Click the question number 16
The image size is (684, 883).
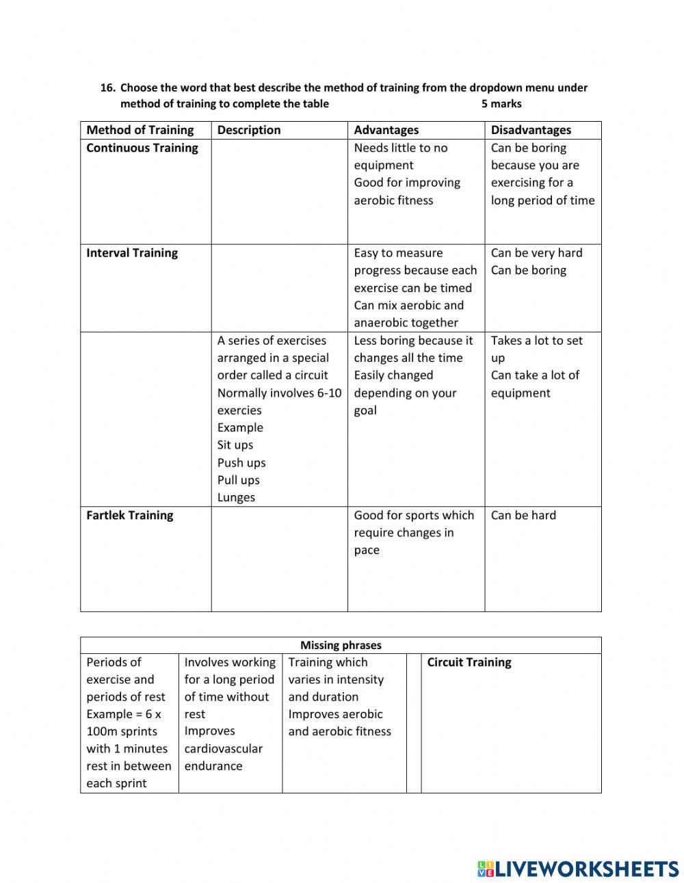pyautogui.click(x=107, y=88)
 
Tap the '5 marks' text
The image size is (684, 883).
pyautogui.click(x=501, y=104)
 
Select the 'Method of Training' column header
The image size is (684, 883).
pyautogui.click(x=140, y=130)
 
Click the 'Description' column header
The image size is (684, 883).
pyautogui.click(x=249, y=130)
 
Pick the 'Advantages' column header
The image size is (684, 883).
pyautogui.click(x=386, y=130)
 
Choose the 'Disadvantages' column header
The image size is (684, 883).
pyautogui.click(x=531, y=130)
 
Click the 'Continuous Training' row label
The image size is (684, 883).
pyautogui.click(x=142, y=148)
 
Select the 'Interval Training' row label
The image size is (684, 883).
pyautogui.click(x=132, y=253)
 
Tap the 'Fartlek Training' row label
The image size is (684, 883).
pyautogui.click(x=130, y=516)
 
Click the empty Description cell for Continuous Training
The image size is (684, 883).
pyautogui.click(x=279, y=192)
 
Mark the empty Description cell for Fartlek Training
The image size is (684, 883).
pyautogui.click(x=279, y=559)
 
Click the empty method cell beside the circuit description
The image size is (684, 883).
pyautogui.click(x=146, y=419)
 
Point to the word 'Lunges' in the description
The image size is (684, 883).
pyautogui.click(x=236, y=498)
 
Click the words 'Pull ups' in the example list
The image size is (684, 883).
pyautogui.click(x=239, y=480)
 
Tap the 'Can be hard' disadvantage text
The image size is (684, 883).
pyautogui.click(x=523, y=516)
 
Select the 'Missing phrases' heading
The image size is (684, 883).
pyautogui.click(x=341, y=645)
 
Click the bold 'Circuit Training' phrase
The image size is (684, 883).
pyautogui.click(x=469, y=662)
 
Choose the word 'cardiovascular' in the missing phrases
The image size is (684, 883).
pyautogui.click(x=223, y=749)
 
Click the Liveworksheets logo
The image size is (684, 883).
pyautogui.click(x=578, y=869)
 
